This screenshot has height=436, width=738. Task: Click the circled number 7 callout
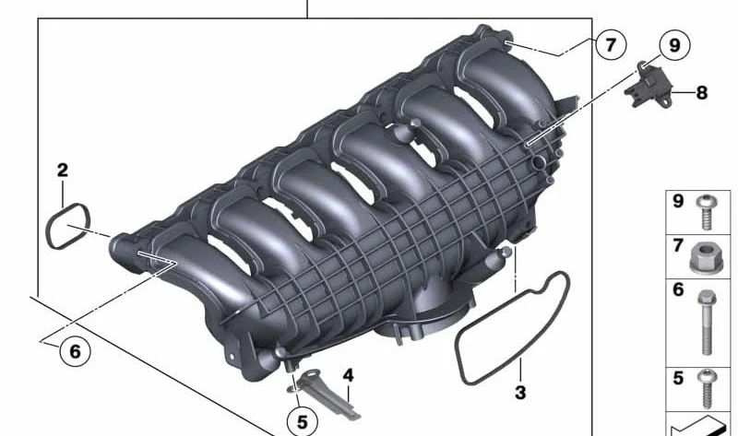pos(611,45)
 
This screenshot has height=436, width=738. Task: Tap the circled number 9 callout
pos(675,45)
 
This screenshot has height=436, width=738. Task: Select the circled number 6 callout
pos(75,351)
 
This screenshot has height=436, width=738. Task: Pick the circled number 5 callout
pos(302,422)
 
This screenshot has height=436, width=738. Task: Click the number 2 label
pos(63,171)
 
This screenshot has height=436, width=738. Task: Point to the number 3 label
pos(520,393)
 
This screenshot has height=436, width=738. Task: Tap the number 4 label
pos(348,375)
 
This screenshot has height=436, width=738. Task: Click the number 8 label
pos(701,93)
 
